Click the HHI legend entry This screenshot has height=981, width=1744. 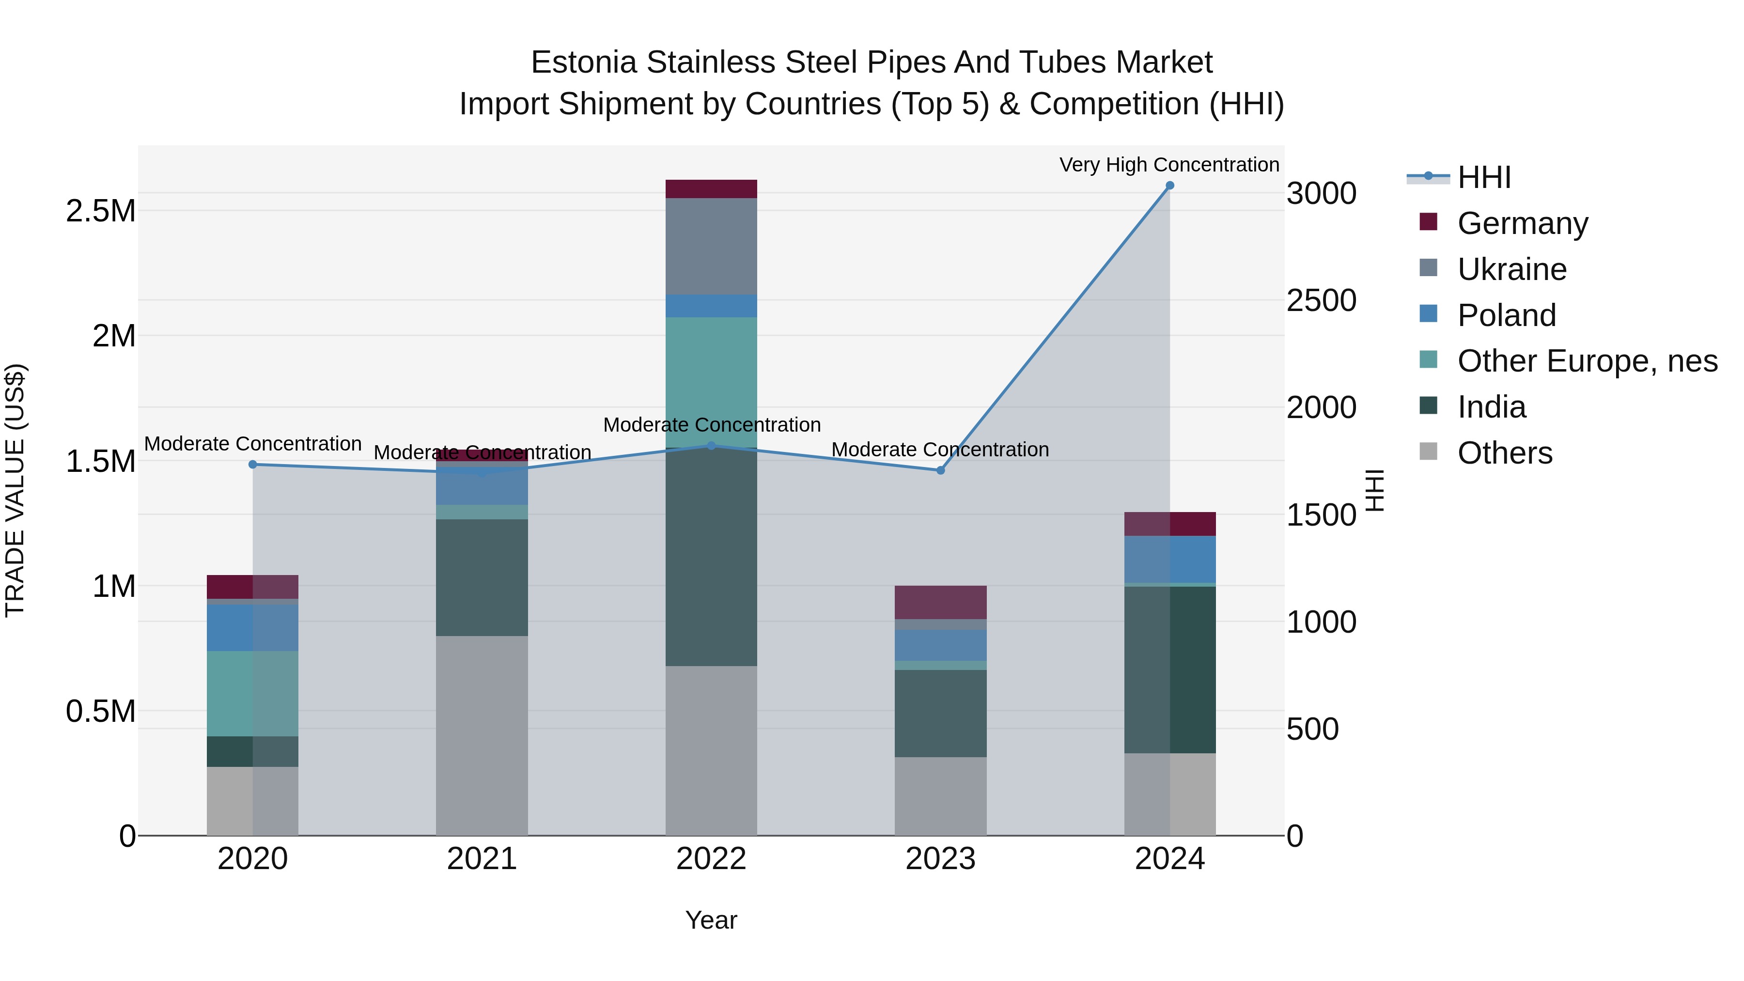pyautogui.click(x=1483, y=177)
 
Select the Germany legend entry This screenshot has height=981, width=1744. pyautogui.click(x=1522, y=223)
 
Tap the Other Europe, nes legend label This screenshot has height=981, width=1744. pyautogui.click(x=1587, y=361)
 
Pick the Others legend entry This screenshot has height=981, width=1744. pyautogui.click(x=1504, y=453)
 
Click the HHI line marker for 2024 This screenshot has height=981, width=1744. pyautogui.click(x=1169, y=186)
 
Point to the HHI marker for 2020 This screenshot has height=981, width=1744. pyautogui.click(x=252, y=465)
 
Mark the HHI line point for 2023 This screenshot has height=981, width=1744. pyautogui.click(x=940, y=470)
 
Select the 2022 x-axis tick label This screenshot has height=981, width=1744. pyautogui.click(x=711, y=859)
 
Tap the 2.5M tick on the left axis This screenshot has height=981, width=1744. pyautogui.click(x=101, y=211)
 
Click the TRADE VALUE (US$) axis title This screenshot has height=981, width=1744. pyautogui.click(x=15, y=490)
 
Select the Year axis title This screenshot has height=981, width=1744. pyautogui.click(x=711, y=920)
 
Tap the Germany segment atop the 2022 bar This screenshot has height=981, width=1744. pyautogui.click(x=711, y=189)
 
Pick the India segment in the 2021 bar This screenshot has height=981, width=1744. pyautogui.click(x=482, y=577)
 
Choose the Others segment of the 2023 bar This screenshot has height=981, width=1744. pyautogui.click(x=940, y=796)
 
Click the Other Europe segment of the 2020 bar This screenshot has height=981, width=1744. pyautogui.click(x=252, y=693)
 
